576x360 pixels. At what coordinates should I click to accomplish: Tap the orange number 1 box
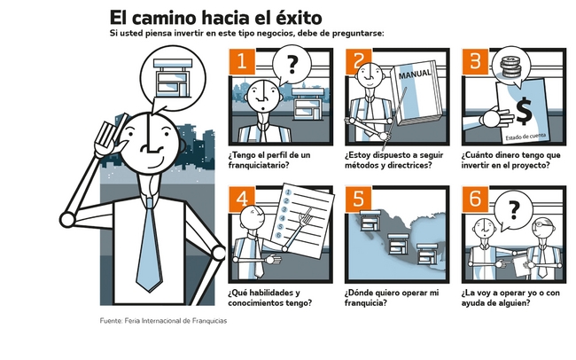point(241,60)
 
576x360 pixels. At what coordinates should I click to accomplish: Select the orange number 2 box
point(358,60)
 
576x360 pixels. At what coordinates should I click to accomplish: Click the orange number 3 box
point(475,60)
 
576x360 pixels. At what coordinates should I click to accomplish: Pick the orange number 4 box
point(242,199)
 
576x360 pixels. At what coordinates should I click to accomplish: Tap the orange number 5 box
point(358,199)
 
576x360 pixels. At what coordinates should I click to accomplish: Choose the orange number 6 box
point(475,199)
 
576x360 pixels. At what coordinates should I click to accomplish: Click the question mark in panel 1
point(292,64)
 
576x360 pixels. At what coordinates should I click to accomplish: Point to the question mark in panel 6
point(514,210)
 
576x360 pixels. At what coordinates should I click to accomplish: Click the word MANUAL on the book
point(415,74)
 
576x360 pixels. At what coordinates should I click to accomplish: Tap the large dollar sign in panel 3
point(524,111)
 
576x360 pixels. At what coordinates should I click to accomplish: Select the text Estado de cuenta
point(525,137)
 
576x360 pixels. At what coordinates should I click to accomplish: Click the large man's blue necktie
point(149,246)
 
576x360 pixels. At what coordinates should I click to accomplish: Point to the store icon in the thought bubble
point(173,78)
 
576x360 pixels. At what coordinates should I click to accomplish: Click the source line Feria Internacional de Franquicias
point(175,321)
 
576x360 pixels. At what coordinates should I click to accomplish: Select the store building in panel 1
point(307,104)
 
